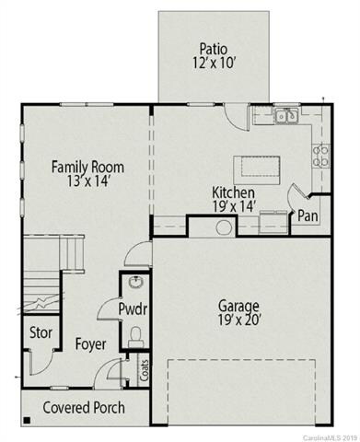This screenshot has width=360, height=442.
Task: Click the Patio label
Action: point(213,49)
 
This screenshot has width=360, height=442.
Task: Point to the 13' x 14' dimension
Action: point(87,183)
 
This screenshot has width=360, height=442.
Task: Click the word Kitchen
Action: point(235,192)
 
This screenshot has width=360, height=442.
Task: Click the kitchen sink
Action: point(286,116)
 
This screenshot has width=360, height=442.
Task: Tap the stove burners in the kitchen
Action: point(321,156)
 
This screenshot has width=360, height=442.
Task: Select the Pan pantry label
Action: point(308,217)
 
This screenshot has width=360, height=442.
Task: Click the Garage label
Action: point(238,305)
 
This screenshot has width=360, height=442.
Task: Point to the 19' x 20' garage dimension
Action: point(238,321)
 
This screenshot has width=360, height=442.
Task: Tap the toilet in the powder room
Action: point(135,334)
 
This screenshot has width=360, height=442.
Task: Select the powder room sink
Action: point(135,283)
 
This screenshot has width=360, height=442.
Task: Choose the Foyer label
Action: point(89,344)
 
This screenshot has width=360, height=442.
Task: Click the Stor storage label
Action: point(40,332)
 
